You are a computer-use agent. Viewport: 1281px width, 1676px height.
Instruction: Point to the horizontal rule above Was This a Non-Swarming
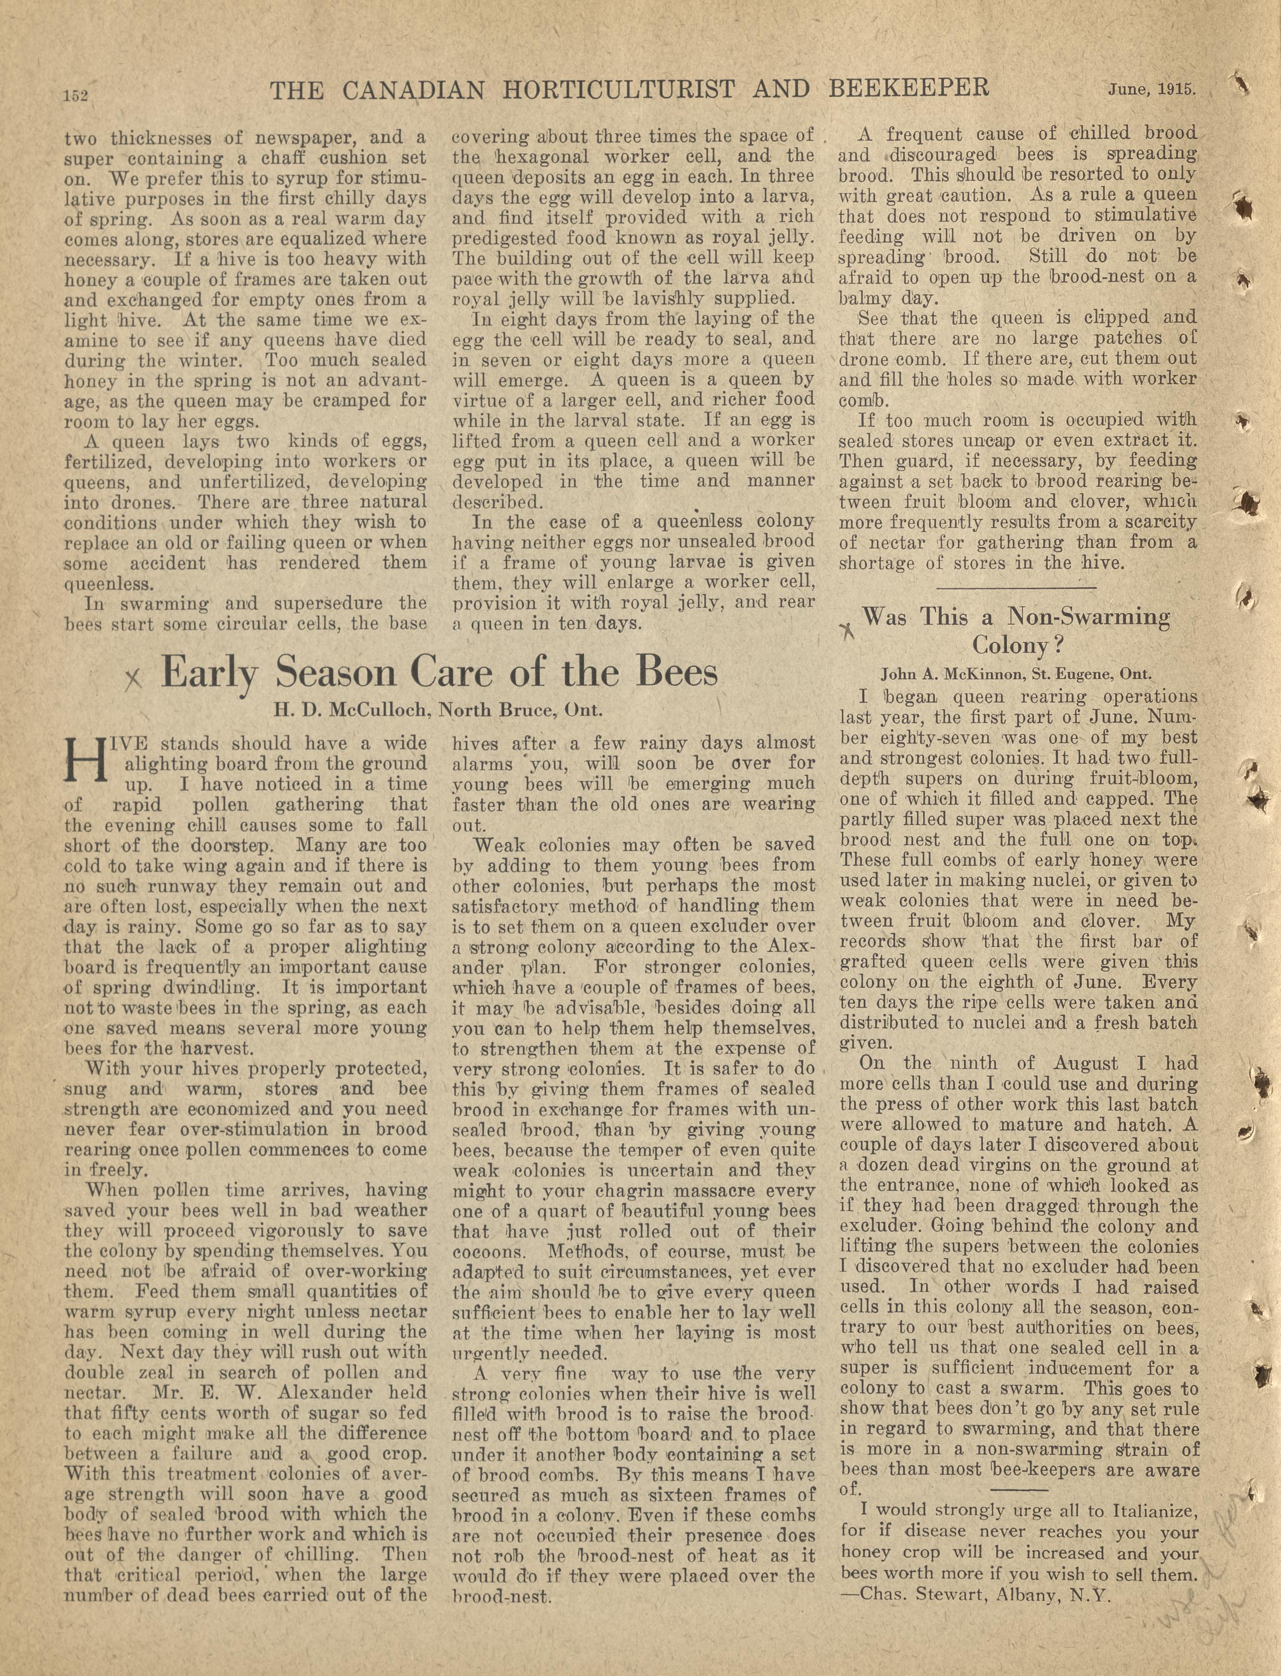pyautogui.click(x=1017, y=587)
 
